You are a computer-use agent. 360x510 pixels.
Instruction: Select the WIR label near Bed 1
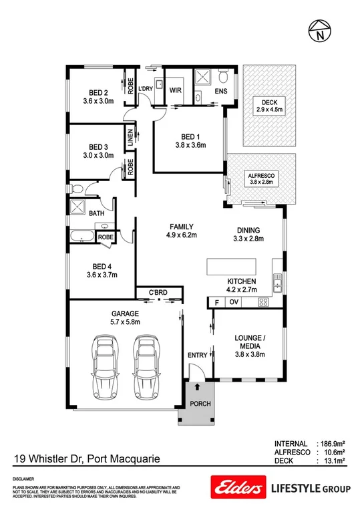176,89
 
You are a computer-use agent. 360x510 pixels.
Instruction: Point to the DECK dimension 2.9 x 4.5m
270,110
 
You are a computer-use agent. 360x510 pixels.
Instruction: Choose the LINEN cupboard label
131,138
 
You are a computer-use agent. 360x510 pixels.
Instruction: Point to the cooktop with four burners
263,302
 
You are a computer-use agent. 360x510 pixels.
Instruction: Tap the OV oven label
233,302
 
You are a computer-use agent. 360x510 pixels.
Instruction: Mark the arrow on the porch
198,386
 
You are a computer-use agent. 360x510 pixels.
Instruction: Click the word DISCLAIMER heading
24,480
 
